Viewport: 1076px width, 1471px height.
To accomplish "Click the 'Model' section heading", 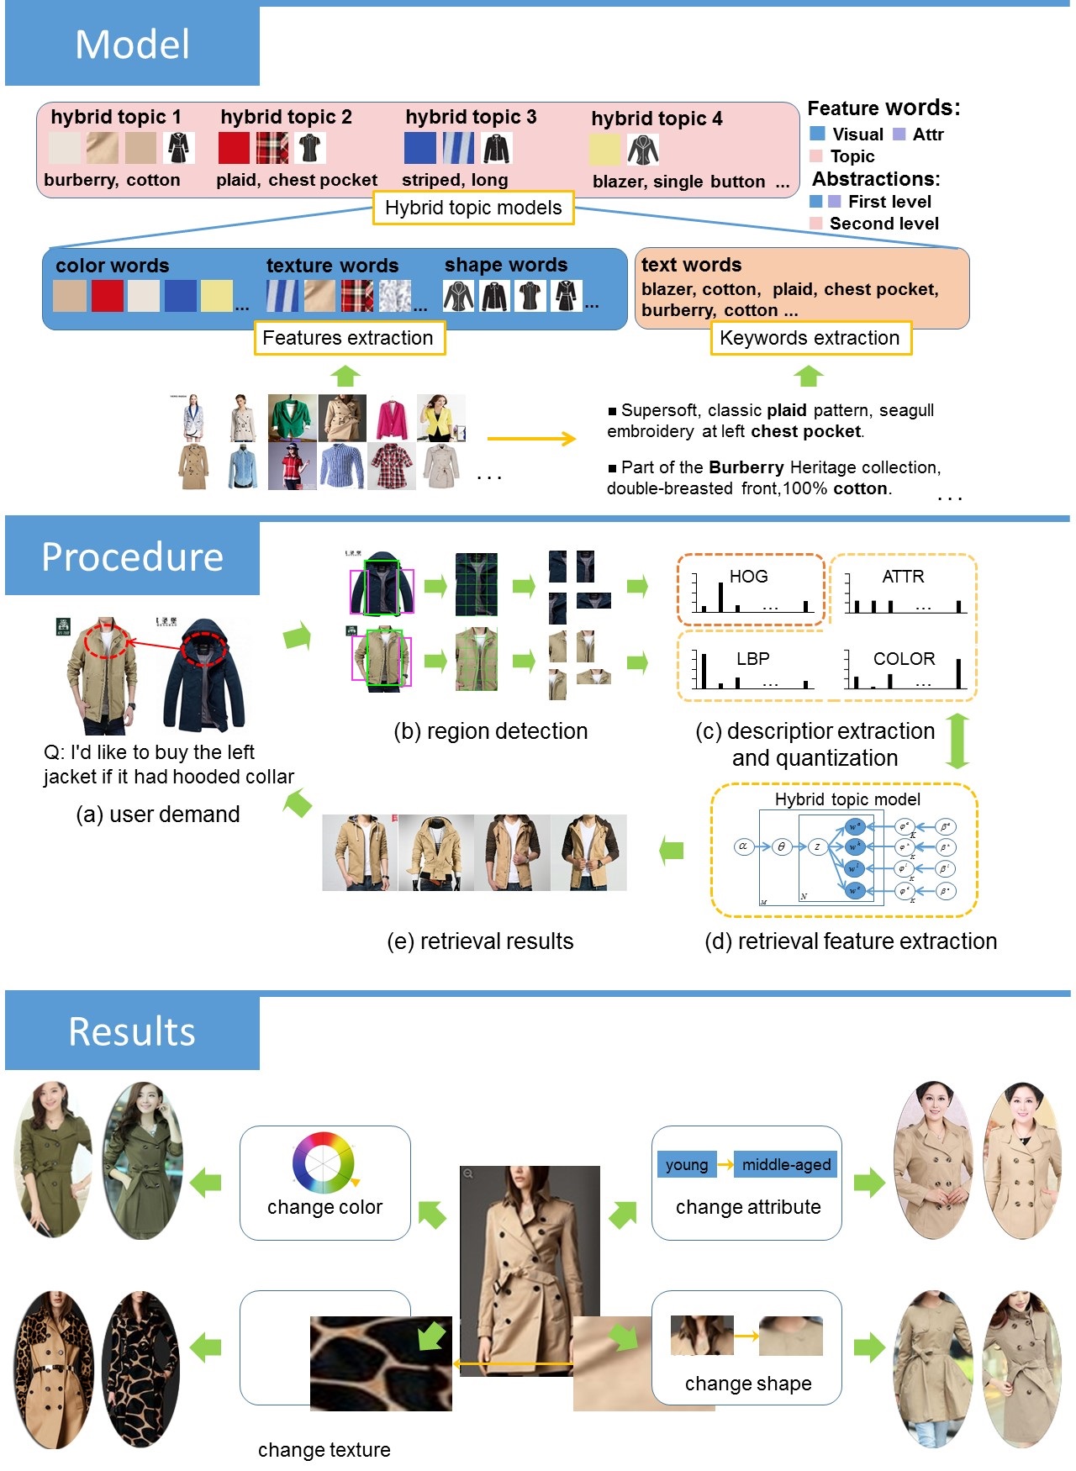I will point(132,45).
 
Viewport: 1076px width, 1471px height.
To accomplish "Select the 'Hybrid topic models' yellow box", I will point(473,208).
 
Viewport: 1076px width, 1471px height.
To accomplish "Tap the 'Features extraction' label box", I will point(348,338).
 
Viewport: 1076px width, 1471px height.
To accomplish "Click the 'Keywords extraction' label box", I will point(810,338).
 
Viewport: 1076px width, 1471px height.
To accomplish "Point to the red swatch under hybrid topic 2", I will point(234,148).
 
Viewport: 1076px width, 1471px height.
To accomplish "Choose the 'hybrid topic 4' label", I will point(657,119).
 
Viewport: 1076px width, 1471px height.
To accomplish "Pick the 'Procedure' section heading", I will point(132,556).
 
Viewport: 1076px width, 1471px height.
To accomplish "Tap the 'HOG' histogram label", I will point(748,577).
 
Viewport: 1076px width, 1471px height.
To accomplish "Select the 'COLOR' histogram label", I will point(904,659).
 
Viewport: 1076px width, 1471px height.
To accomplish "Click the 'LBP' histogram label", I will point(752,659).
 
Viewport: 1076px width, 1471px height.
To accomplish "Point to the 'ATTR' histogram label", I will point(903,577).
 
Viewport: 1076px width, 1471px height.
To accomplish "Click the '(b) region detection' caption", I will point(491,731).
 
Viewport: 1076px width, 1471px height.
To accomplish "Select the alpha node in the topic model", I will point(743,846).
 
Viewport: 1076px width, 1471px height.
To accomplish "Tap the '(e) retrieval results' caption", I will point(480,941).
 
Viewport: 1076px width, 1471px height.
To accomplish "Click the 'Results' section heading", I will point(132,1031).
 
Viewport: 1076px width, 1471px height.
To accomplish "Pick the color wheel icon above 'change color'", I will point(323,1163).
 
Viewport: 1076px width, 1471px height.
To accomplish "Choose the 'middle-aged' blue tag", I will point(786,1164).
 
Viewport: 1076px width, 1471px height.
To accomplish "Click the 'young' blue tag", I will point(687,1164).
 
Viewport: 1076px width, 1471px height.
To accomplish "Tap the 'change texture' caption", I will point(324,1450).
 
